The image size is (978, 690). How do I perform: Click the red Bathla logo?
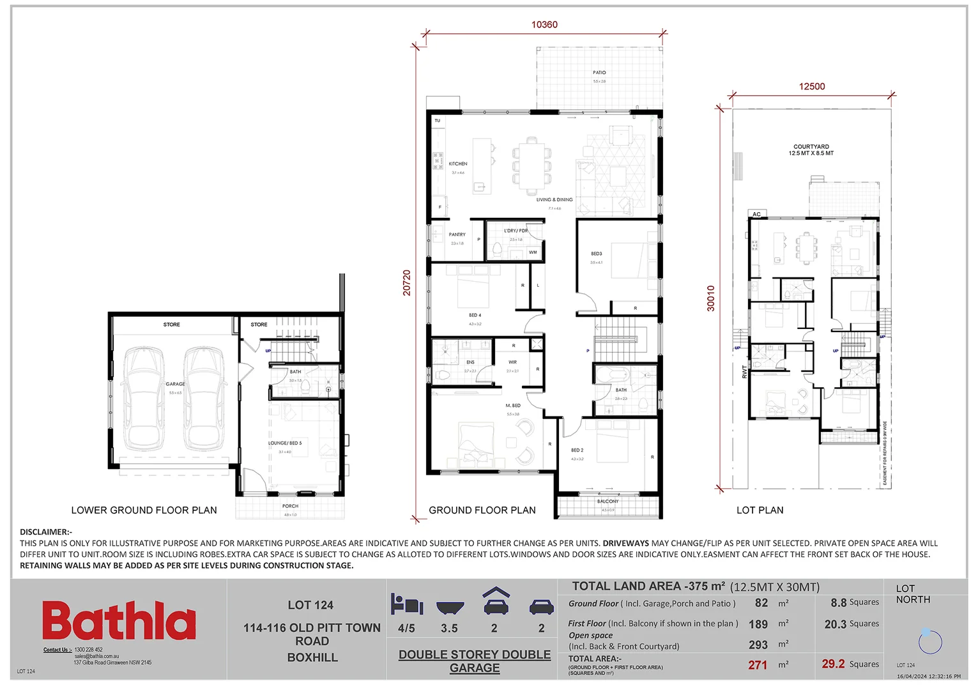[119, 620]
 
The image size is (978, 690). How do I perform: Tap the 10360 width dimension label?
[544, 25]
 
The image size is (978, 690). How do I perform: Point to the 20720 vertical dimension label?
[407, 282]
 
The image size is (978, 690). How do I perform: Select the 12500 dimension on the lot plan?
[812, 86]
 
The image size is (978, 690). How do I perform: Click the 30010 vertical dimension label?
[710, 298]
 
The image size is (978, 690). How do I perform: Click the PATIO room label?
[599, 73]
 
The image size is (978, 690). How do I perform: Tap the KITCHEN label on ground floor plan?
[458, 164]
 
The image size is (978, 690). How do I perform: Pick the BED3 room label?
[596, 254]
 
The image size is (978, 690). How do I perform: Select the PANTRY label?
[457, 234]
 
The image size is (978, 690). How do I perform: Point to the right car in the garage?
[204, 399]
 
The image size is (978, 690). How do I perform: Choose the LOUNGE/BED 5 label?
[285, 443]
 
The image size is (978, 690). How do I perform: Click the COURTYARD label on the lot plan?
[811, 147]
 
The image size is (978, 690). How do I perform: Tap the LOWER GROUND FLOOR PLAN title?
[144, 510]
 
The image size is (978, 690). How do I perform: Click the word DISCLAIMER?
[45, 532]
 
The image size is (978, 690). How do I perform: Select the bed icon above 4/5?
[407, 604]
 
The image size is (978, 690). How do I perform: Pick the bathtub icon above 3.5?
[450, 606]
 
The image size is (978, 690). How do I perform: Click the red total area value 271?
[758, 665]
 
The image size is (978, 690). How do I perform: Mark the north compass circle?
[930, 641]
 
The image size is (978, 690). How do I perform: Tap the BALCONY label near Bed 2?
[608, 502]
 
